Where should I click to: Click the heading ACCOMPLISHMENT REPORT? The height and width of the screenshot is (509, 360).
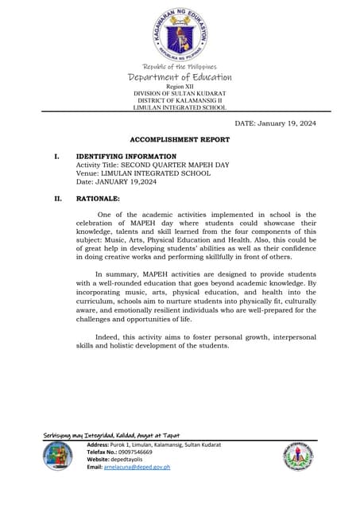click(180, 139)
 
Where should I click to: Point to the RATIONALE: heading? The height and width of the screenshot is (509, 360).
click(98, 198)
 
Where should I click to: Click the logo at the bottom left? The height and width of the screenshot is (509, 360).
click(57, 457)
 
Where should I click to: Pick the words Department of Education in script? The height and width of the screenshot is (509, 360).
click(180, 77)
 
